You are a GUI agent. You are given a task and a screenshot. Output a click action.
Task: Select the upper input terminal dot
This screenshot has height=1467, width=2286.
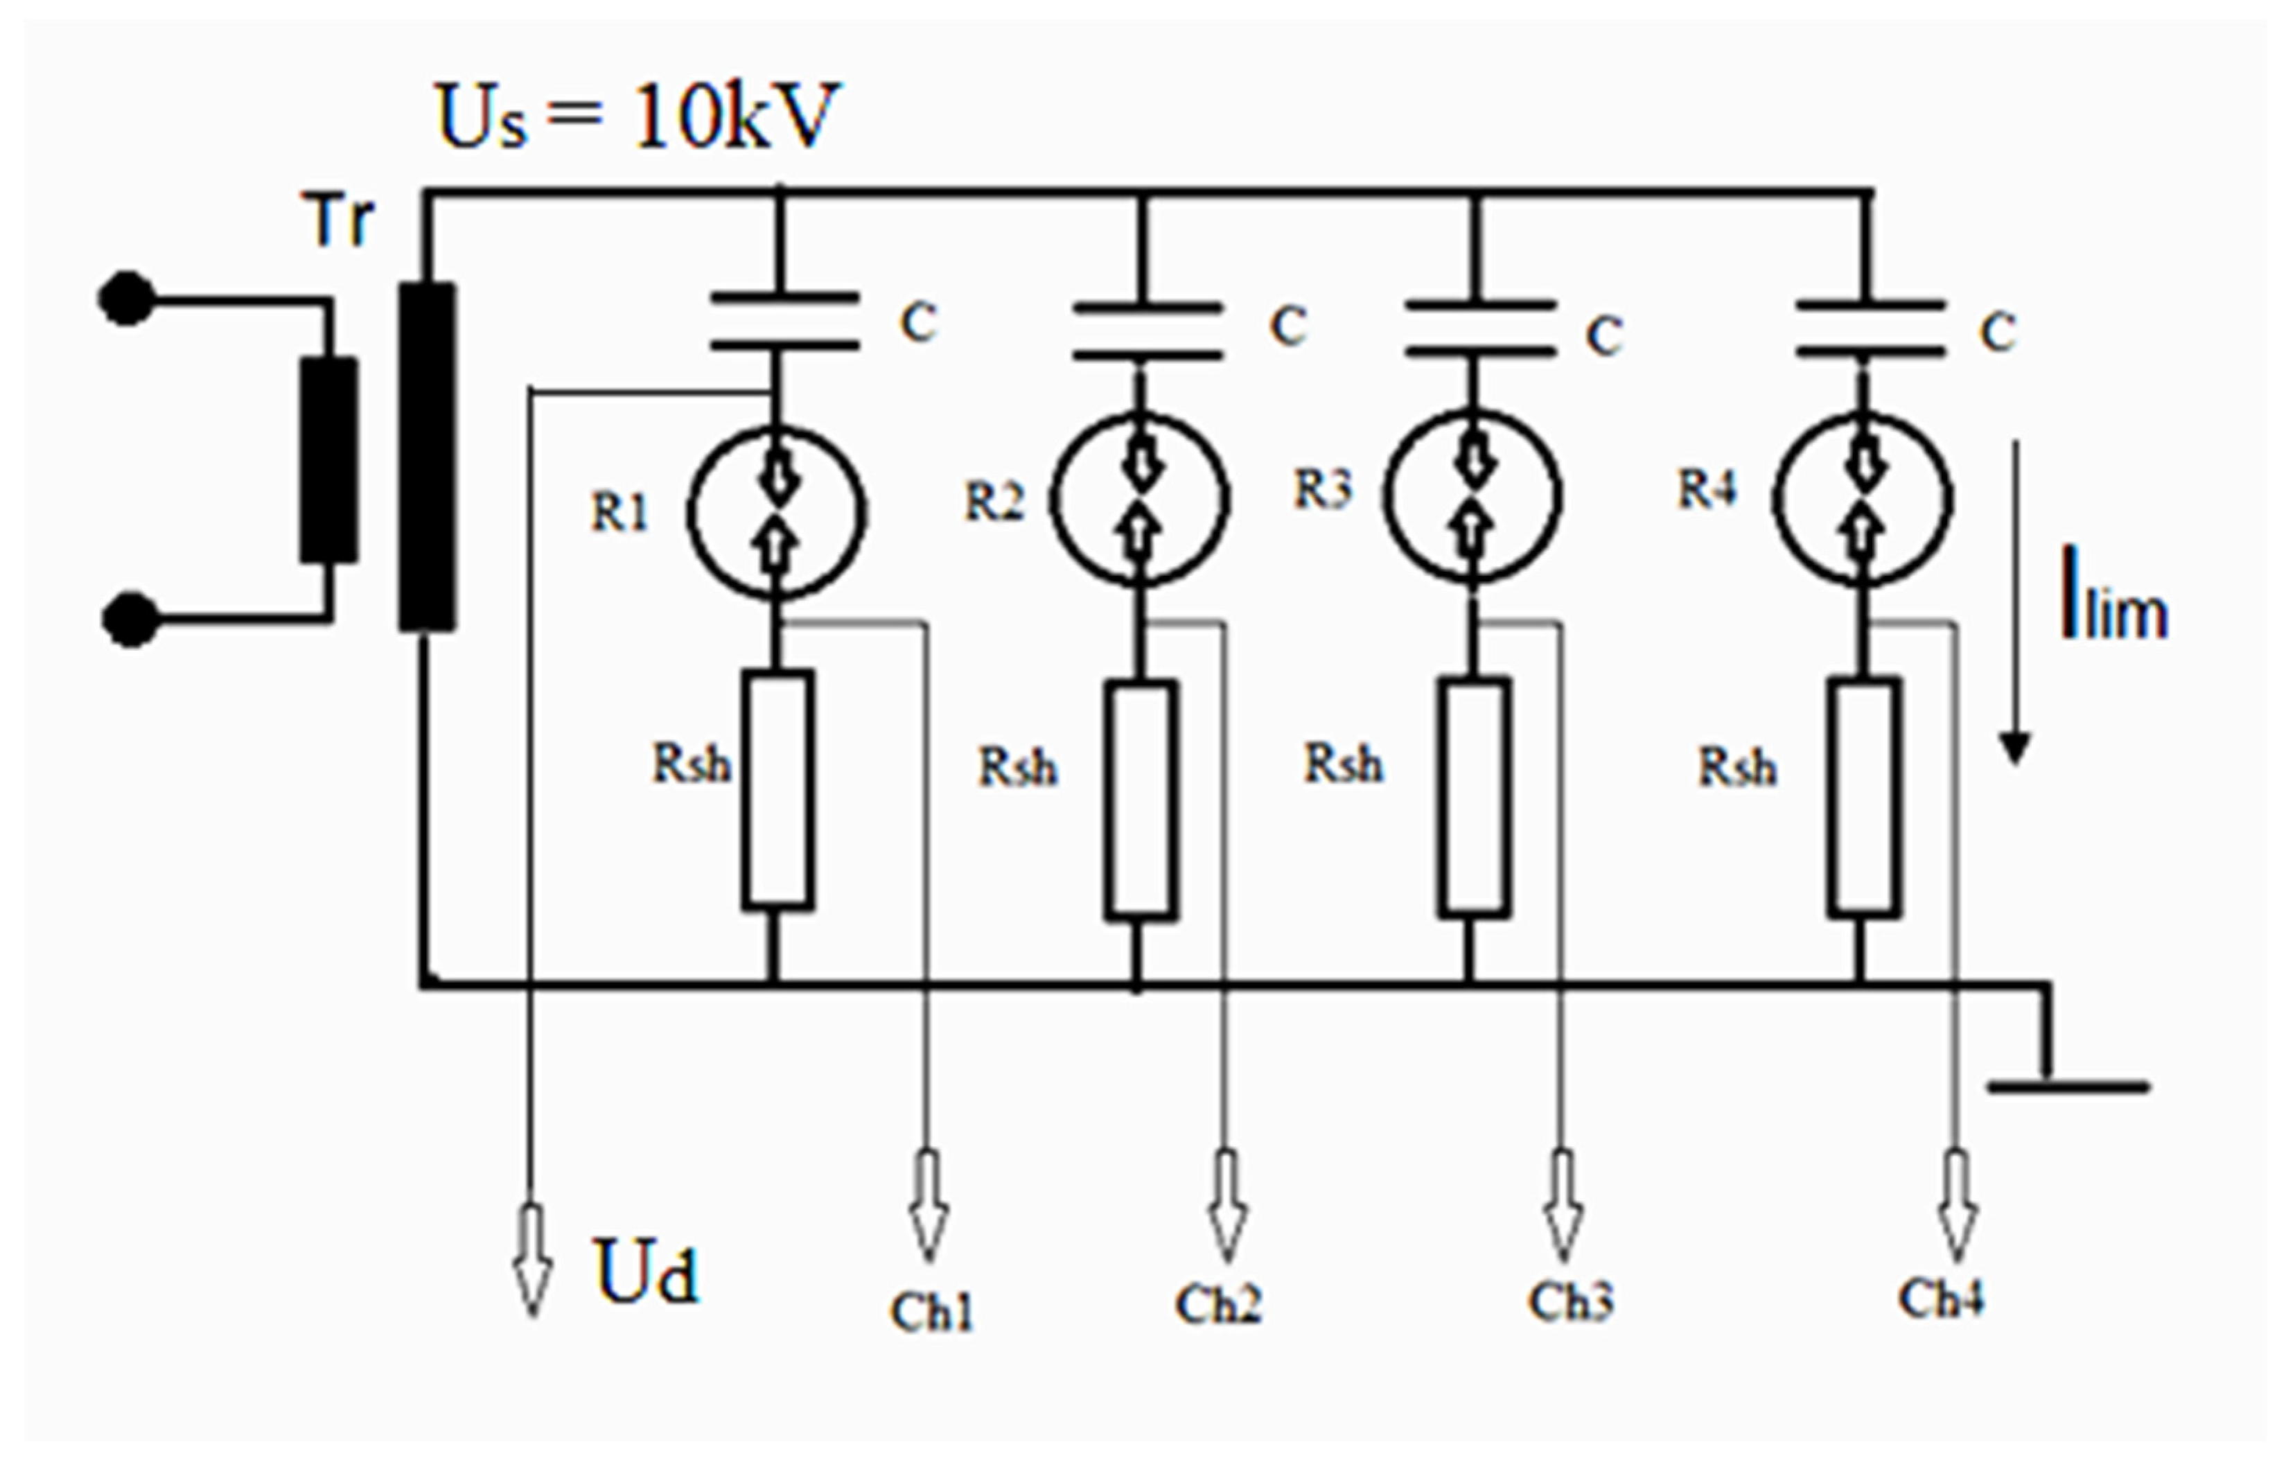pos(125,298)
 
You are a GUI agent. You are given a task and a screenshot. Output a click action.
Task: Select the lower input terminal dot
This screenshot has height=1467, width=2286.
pos(130,620)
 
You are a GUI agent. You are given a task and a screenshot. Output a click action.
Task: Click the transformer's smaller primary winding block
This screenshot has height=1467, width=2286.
pos(328,459)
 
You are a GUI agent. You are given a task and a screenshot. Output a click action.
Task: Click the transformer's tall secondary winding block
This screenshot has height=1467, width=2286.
pos(427,457)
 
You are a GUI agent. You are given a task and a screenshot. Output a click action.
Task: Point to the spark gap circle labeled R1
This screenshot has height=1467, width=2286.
pos(776,513)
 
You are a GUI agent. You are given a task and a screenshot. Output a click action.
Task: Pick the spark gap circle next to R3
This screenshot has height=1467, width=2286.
pos(1472,495)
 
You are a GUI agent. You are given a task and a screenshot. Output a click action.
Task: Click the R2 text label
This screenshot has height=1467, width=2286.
pos(994,502)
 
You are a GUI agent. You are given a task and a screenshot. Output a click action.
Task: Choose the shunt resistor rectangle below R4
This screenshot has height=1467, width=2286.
pos(1864,798)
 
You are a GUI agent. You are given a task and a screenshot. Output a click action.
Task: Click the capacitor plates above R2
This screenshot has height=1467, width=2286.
pos(1147,331)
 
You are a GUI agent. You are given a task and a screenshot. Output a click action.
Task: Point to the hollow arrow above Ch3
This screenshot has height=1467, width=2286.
pos(1562,1206)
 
